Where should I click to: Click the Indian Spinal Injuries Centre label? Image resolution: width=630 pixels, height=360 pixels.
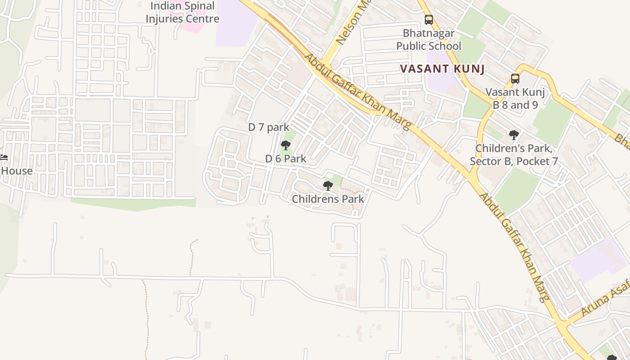coord(182,13)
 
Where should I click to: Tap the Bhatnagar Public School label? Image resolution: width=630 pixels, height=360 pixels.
coord(428,40)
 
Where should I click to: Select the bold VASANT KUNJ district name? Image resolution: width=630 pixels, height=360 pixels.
coord(442,69)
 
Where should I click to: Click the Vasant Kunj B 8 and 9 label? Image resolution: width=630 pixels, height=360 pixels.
coord(515,99)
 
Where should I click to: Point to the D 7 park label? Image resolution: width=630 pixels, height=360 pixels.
coord(269,127)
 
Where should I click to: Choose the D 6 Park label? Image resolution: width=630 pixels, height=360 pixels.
coord(286,158)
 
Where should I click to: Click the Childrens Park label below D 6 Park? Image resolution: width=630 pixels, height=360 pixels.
coord(328,198)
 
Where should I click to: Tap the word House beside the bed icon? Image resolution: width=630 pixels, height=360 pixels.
coord(17,171)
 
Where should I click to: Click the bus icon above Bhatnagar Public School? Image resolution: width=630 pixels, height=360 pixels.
coord(429,20)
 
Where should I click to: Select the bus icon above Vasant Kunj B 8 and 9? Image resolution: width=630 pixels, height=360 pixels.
coord(515,79)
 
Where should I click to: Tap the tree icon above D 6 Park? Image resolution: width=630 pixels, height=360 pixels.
coord(285,145)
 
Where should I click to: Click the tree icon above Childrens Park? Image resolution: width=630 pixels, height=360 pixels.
coord(328,185)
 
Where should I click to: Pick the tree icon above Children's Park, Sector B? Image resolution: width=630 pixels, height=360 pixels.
coord(513,135)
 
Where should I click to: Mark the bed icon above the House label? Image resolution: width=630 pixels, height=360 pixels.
coord(4,157)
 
